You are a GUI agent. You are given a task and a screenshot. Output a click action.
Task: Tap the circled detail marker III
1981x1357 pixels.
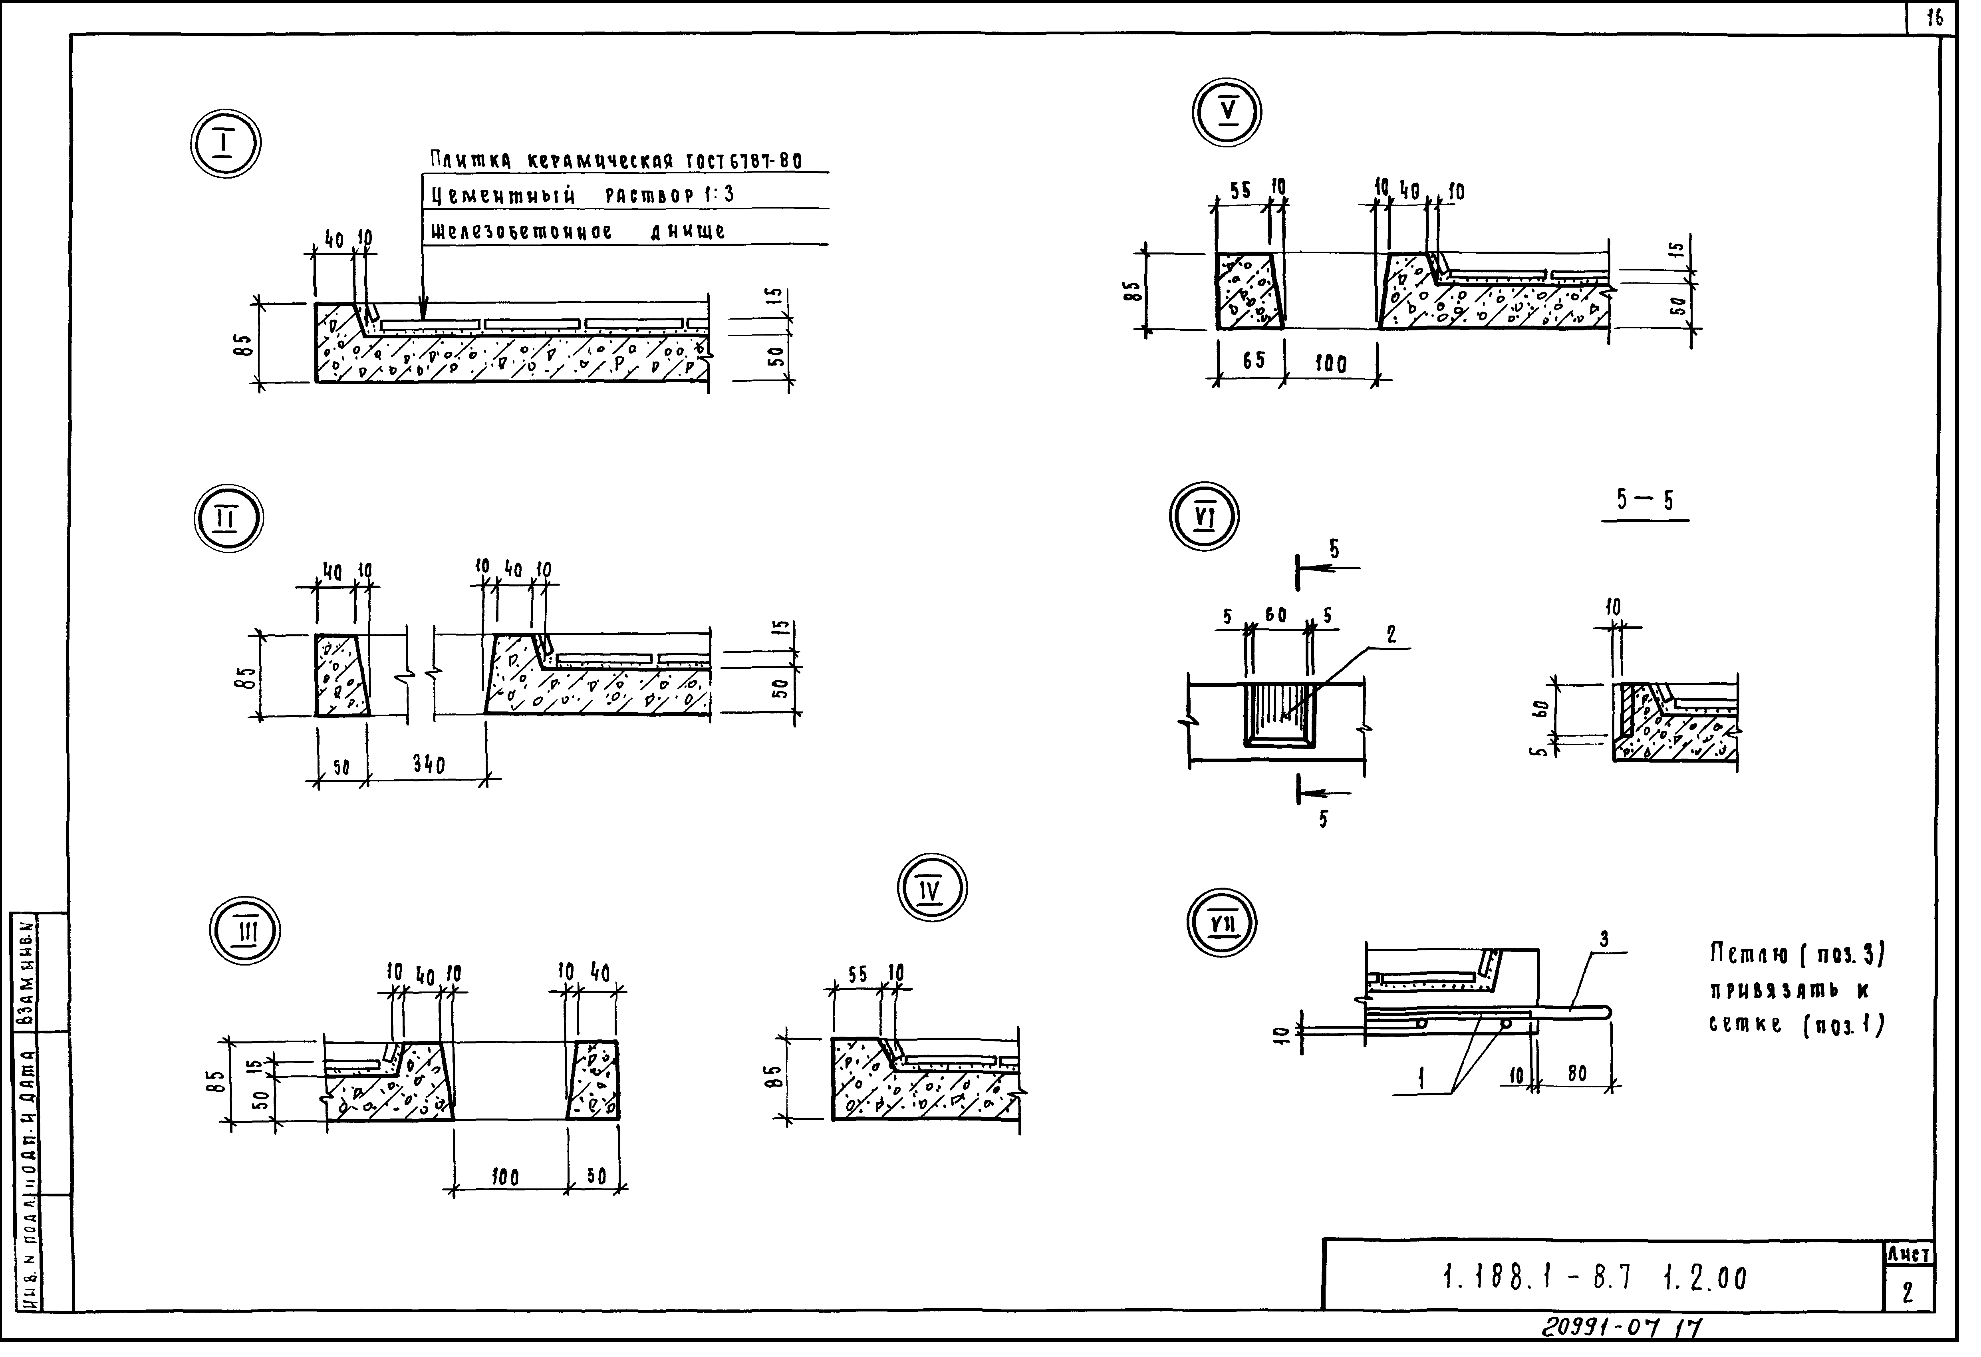tap(246, 932)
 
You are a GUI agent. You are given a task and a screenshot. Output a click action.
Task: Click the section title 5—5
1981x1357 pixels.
tap(1644, 501)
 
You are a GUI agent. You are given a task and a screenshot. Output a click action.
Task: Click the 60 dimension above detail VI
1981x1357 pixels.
tap(1276, 616)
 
